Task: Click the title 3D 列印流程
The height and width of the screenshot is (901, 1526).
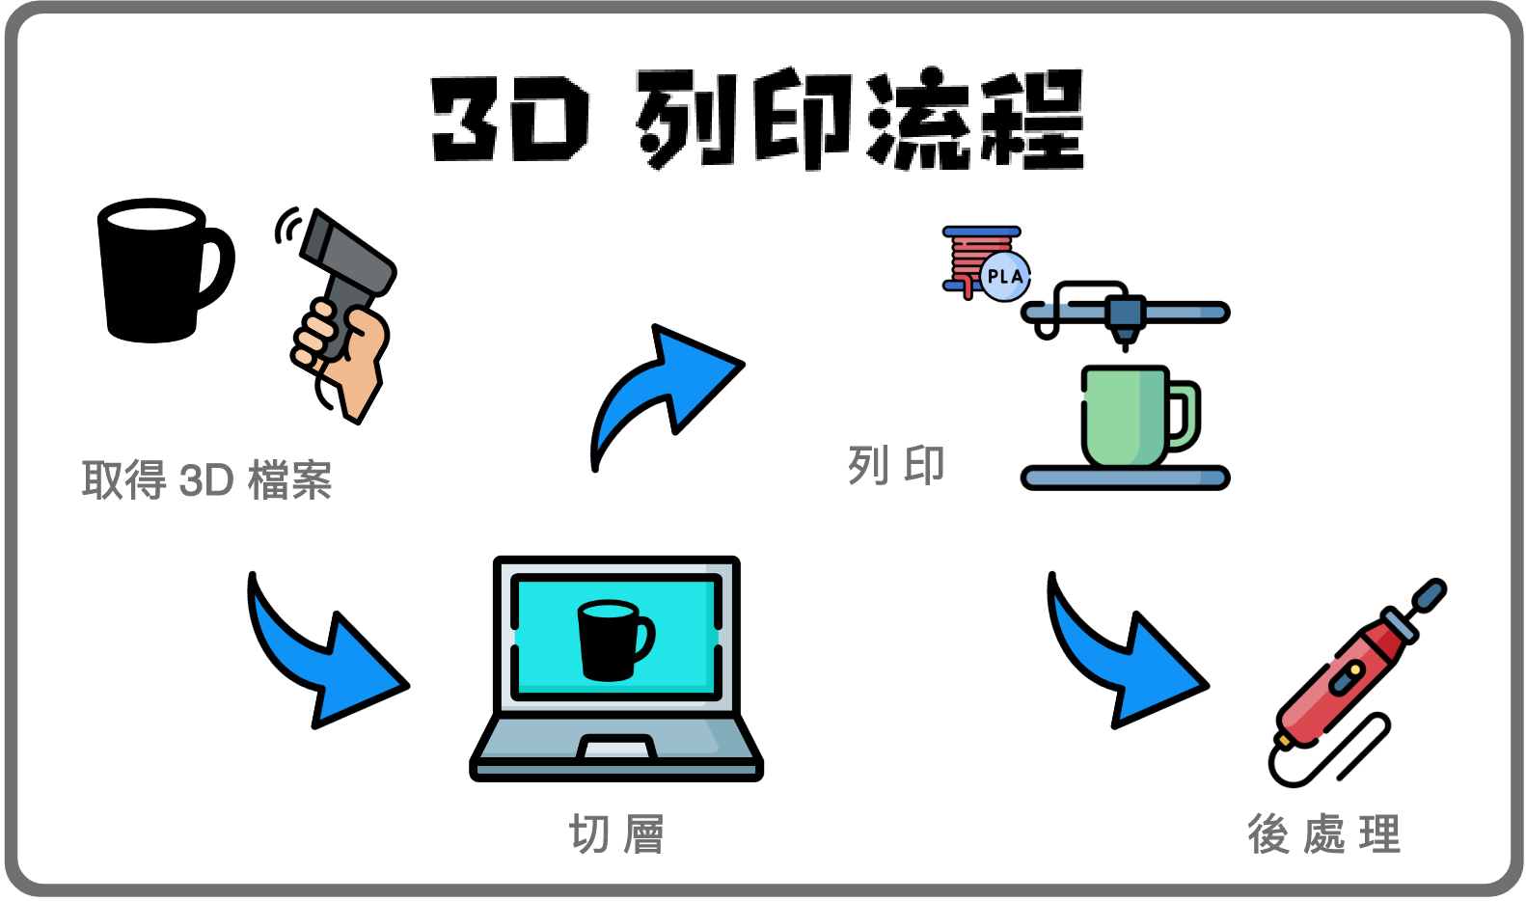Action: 757,119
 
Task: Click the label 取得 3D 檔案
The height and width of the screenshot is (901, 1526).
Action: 206,479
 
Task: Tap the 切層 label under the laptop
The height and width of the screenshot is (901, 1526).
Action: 616,833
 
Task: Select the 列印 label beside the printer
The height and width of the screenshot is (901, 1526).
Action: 896,466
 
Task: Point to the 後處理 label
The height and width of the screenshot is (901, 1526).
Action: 1323,833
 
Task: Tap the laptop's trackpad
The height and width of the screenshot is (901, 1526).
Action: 616,748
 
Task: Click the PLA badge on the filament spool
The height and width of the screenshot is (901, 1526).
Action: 1005,276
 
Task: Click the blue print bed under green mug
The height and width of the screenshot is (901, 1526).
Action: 1125,478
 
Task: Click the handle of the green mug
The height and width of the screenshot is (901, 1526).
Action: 1185,416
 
